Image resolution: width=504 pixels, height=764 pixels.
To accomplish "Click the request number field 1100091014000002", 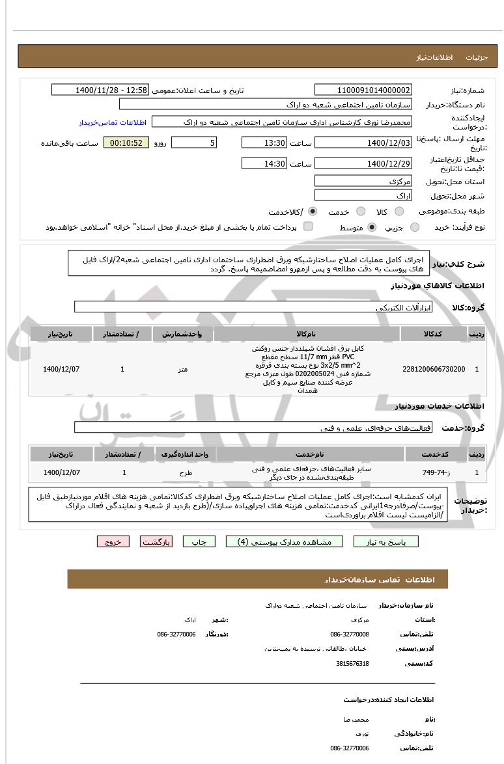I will [x=363, y=90].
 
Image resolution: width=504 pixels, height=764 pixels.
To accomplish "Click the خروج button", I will [x=113, y=541].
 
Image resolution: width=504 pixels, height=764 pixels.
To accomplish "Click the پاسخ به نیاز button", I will [x=385, y=541].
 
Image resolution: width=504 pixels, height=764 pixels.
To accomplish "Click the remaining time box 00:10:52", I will [x=126, y=143].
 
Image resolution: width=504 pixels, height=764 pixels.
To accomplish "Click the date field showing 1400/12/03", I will [x=363, y=143].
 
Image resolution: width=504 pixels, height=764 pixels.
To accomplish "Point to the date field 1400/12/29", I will [x=363, y=163].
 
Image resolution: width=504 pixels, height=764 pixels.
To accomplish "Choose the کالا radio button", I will [x=399, y=211].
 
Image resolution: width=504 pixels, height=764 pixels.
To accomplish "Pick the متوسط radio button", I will [x=372, y=227].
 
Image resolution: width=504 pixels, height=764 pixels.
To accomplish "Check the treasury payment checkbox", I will [x=308, y=226].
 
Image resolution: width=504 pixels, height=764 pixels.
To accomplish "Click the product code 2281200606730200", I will [x=434, y=369].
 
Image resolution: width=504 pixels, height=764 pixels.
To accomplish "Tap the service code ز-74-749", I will [x=434, y=472].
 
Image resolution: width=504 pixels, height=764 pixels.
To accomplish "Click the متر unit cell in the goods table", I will [x=183, y=369].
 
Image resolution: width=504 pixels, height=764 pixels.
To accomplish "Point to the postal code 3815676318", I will [x=353, y=663].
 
